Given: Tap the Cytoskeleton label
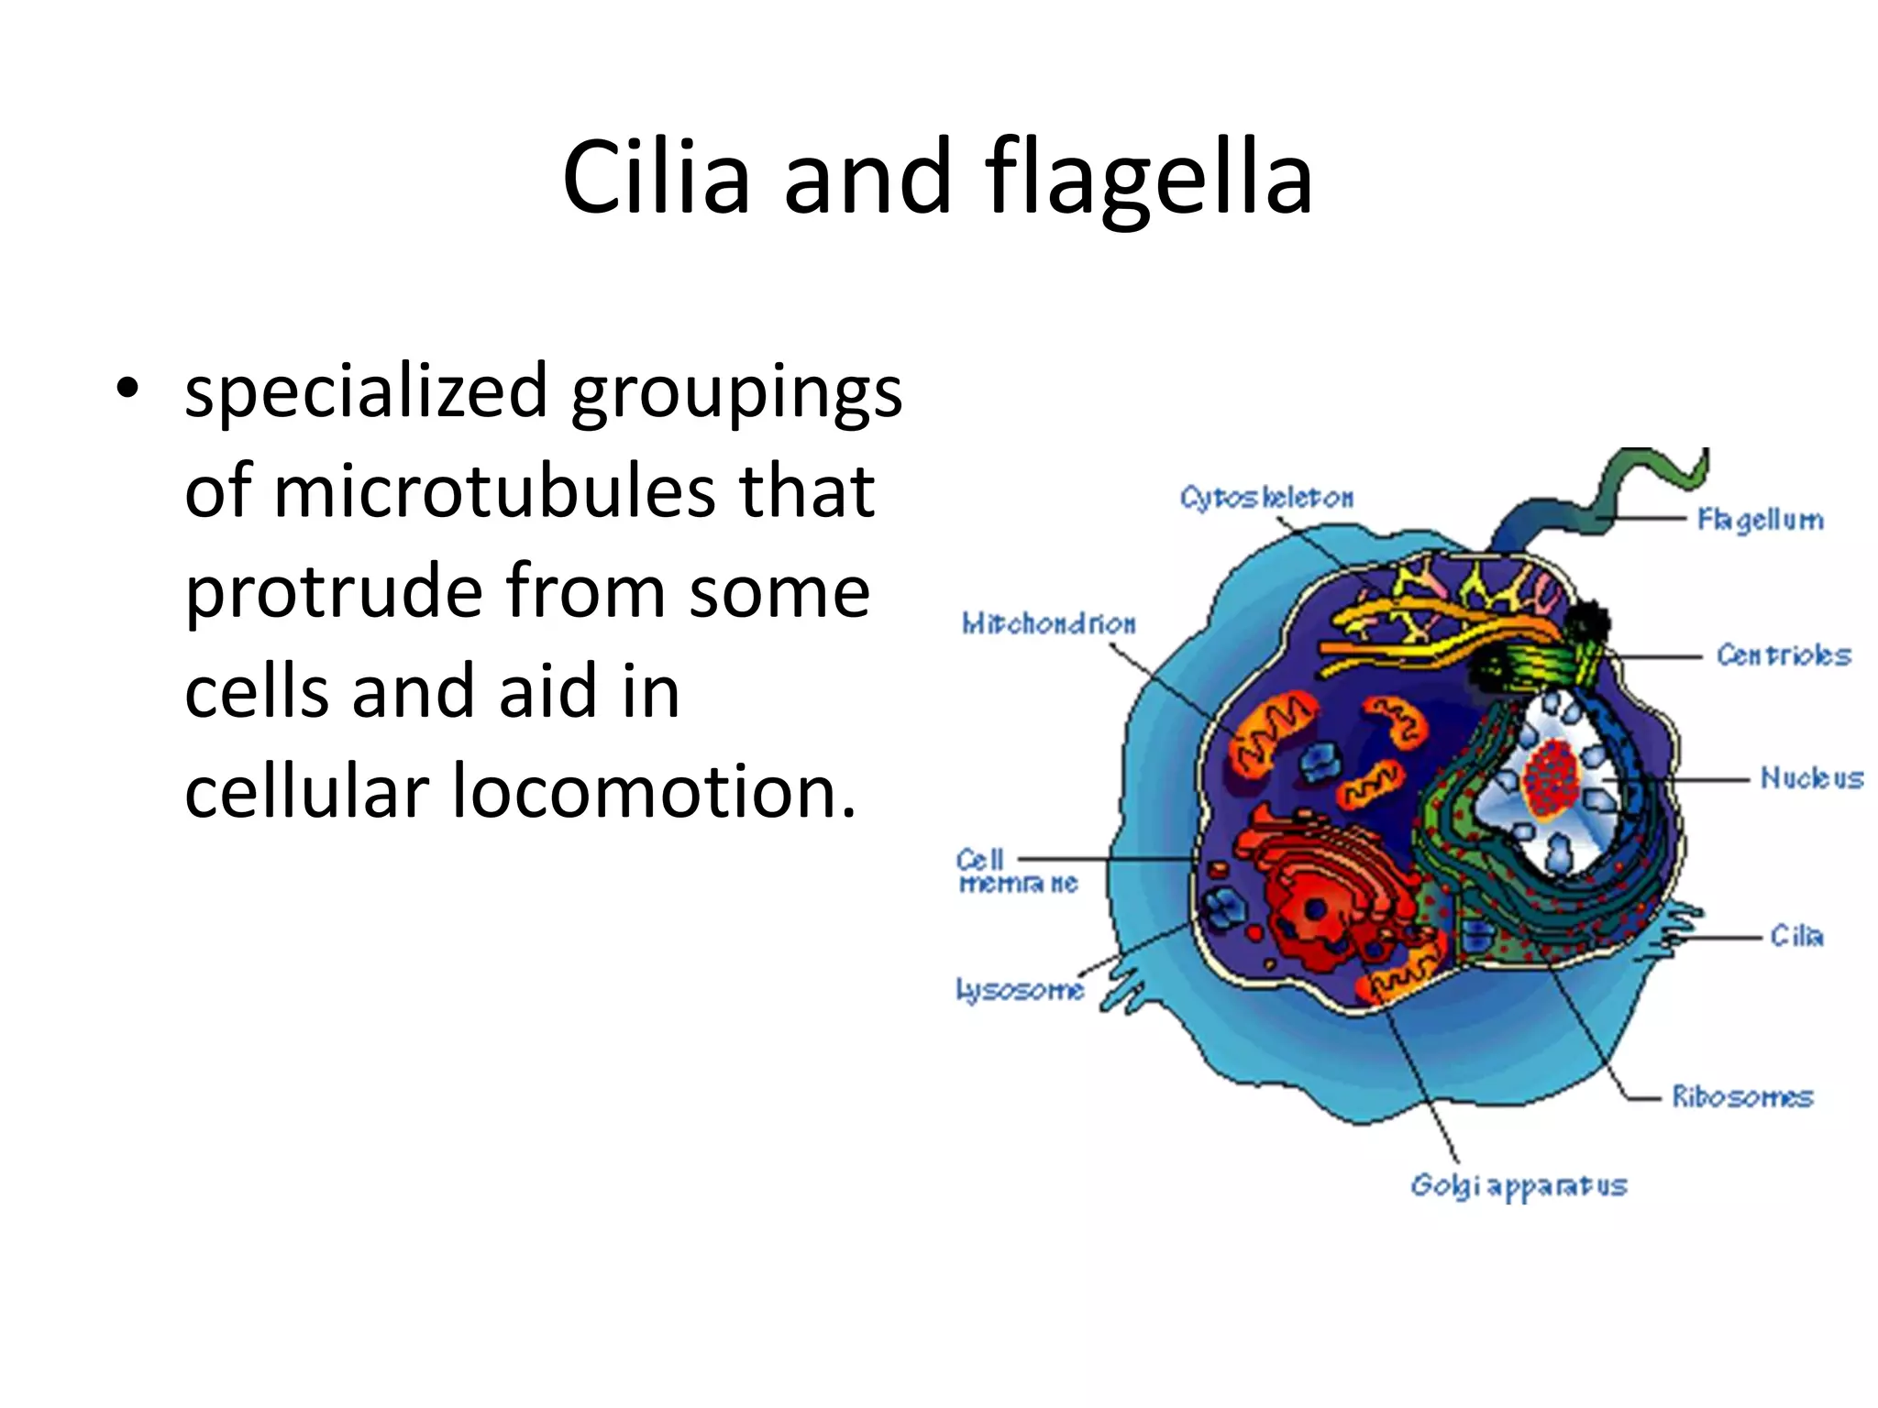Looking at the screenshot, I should click(x=1265, y=498).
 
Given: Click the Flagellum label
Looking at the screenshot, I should click(x=1759, y=520).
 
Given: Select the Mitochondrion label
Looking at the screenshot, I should click(x=1048, y=624).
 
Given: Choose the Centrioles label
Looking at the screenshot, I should click(x=1783, y=655).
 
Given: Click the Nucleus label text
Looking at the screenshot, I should click(x=1810, y=778).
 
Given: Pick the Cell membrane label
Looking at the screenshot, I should click(x=1016, y=872).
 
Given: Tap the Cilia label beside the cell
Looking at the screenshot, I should click(x=1795, y=936).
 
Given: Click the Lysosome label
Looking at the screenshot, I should click(x=1019, y=990).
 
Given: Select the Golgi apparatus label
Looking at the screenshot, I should click(x=1518, y=1185).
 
